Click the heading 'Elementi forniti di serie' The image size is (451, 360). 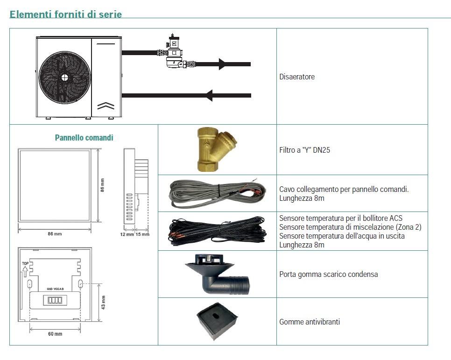[x=66, y=14]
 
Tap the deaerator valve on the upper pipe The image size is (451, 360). [x=175, y=52]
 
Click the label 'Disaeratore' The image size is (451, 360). [x=297, y=77]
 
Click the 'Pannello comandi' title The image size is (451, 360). [x=84, y=138]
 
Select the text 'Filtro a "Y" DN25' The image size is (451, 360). [x=304, y=150]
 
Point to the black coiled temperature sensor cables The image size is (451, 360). [x=217, y=231]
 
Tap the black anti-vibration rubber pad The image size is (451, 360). [x=218, y=321]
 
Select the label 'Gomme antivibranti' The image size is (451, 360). [x=310, y=322]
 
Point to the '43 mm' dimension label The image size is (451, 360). [x=104, y=302]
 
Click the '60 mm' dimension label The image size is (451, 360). [x=55, y=334]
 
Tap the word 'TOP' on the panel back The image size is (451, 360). [x=26, y=263]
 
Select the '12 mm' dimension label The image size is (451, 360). [x=127, y=234]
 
